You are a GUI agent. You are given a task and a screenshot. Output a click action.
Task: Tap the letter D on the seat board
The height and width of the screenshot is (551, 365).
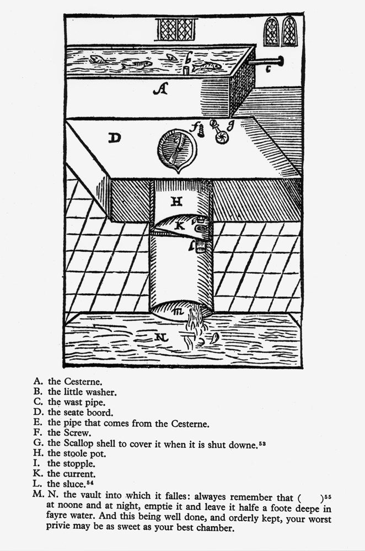114,138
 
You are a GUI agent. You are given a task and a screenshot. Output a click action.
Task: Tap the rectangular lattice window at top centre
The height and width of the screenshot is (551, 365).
176,29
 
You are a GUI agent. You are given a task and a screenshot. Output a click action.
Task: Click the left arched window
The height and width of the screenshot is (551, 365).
271,31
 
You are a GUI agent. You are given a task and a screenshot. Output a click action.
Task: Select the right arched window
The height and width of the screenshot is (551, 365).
289,31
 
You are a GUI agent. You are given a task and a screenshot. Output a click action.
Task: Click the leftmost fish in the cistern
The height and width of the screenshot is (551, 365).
98,59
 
